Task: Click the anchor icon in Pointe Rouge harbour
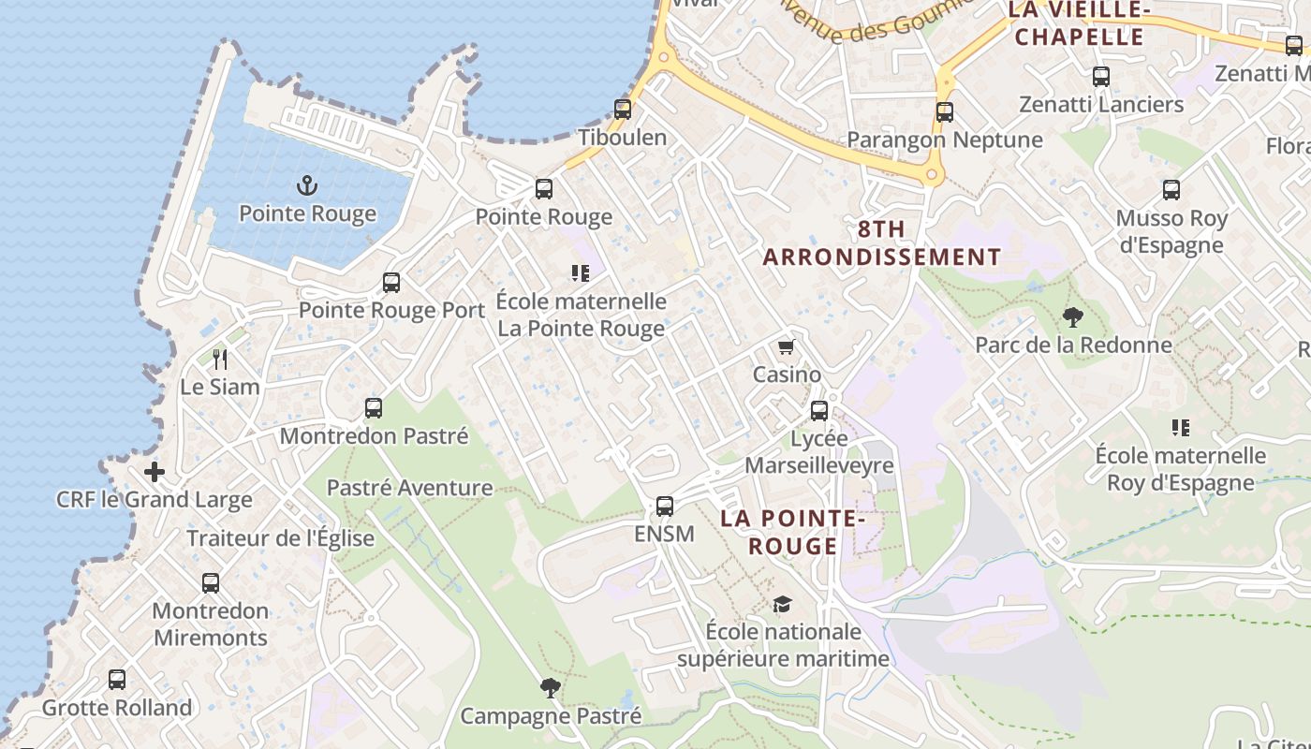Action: pos(306,184)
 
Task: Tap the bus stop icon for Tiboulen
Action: pos(623,109)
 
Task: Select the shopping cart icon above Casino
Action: pos(787,346)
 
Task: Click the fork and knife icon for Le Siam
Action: pos(220,359)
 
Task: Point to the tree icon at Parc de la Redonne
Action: pos(1073,317)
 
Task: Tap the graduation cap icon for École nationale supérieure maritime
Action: pos(782,604)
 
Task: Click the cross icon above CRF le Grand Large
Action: pos(155,472)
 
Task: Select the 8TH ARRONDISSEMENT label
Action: pos(882,242)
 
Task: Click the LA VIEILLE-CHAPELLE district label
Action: pos(1079,23)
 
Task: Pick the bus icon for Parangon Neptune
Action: pos(945,112)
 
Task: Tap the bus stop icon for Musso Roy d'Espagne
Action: pos(1171,190)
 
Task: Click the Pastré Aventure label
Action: pos(409,488)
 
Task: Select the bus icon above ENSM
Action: pos(665,507)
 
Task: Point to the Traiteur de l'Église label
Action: pos(281,538)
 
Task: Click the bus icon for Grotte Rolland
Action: pos(117,680)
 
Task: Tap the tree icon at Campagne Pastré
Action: pos(551,688)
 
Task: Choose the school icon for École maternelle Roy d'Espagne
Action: pos(1181,428)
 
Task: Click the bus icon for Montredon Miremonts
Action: pos(211,583)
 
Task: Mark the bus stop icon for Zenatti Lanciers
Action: pos(1101,77)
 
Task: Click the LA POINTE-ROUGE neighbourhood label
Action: pos(792,532)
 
